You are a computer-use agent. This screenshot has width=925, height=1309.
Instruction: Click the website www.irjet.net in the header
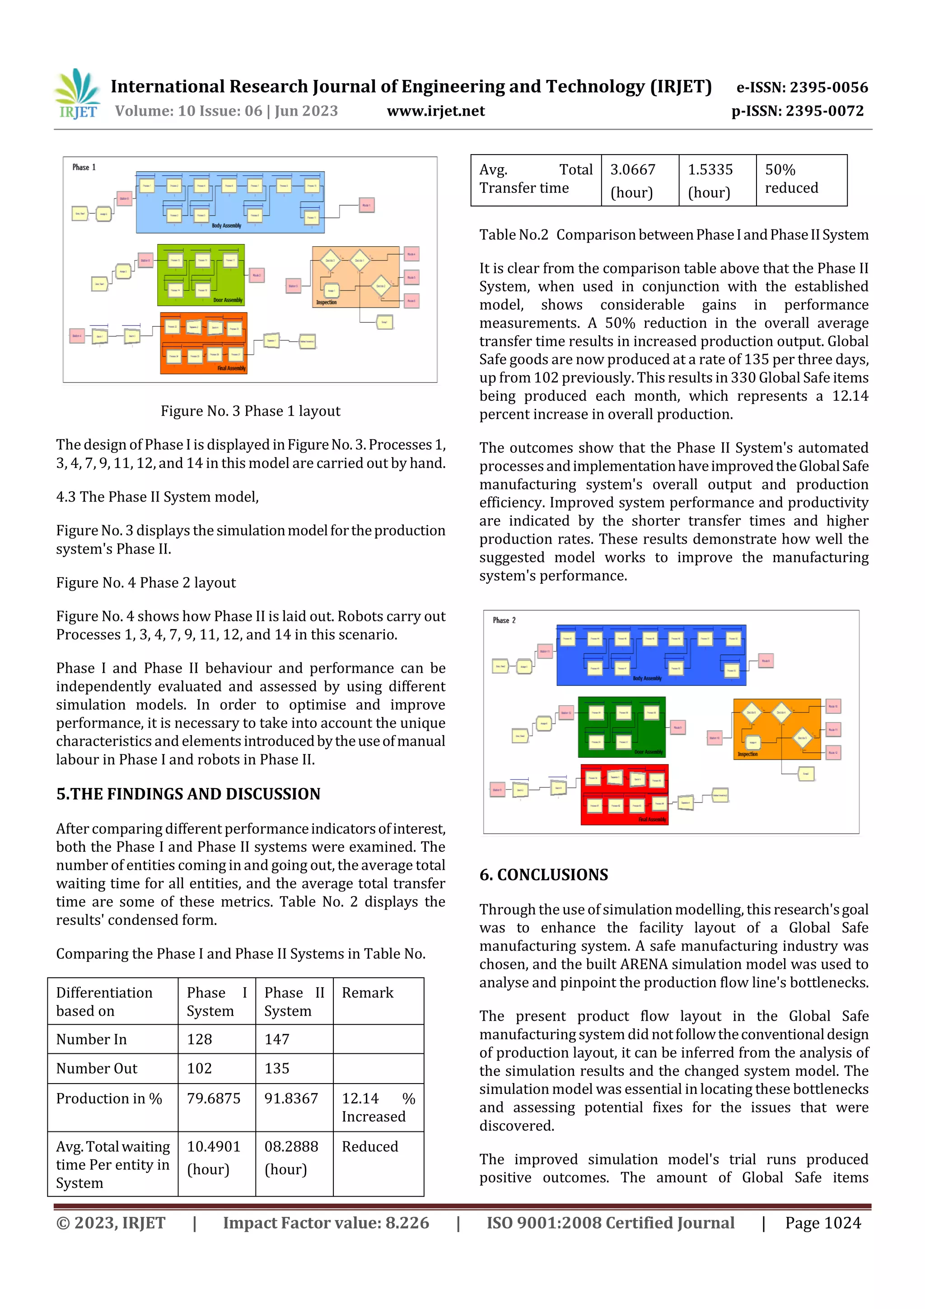(435, 111)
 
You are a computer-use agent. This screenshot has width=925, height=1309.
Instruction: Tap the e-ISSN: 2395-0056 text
(802, 87)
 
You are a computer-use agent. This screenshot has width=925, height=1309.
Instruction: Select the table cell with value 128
(200, 1039)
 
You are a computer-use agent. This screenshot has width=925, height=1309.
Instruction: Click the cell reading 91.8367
(291, 1098)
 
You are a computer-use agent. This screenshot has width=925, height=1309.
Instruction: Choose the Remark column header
(368, 993)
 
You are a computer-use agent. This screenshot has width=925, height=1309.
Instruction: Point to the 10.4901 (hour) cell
(214, 1157)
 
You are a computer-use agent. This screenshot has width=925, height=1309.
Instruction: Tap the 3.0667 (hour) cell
(633, 180)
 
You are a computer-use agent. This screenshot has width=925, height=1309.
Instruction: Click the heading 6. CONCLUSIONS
(543, 875)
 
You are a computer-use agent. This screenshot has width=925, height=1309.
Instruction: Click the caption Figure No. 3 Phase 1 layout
(250, 411)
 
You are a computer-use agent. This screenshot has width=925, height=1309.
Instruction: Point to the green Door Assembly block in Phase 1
(201, 275)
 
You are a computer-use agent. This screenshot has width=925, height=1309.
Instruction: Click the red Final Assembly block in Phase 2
(624, 794)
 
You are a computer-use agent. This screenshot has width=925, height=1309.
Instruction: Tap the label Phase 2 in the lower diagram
(504, 620)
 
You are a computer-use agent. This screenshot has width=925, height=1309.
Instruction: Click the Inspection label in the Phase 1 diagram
(327, 302)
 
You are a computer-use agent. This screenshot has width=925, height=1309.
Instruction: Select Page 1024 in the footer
(822, 1223)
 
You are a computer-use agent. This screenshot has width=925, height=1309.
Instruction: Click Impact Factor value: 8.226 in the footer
(326, 1223)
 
